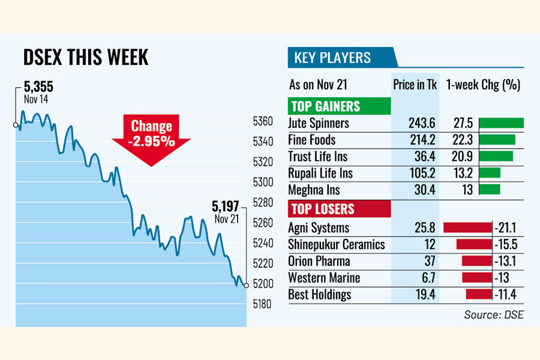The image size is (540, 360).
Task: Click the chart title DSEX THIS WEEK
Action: click(86, 58)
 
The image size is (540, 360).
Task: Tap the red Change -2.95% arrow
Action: click(151, 137)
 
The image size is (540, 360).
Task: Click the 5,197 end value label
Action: click(225, 207)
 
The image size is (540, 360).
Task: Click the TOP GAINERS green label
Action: click(325, 107)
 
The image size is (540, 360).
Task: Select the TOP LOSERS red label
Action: click(322, 209)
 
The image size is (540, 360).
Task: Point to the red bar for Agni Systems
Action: click(467, 228)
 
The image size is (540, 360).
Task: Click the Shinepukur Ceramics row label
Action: click(337, 245)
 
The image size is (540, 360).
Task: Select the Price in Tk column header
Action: click(415, 85)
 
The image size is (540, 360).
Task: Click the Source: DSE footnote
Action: click(493, 314)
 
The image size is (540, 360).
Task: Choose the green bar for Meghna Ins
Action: click(490, 190)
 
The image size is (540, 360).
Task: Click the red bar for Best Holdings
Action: click(479, 295)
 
